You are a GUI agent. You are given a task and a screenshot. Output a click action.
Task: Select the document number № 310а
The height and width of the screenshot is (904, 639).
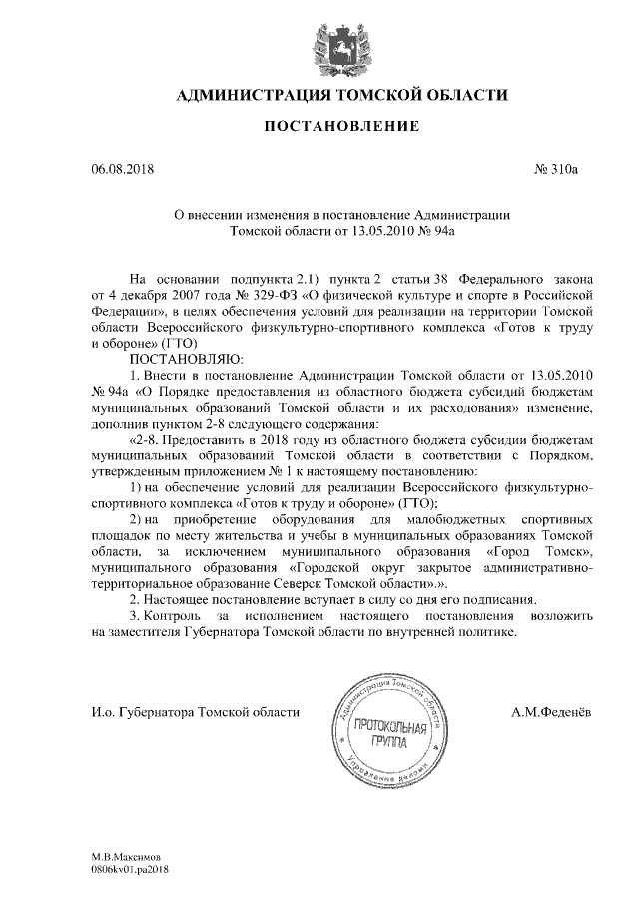pos(557,170)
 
